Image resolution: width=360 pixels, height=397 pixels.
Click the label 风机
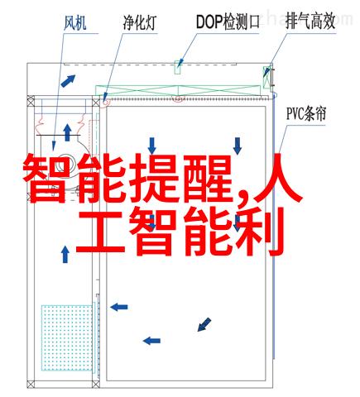[74, 23]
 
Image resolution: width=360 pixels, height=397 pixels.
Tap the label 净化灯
[140, 23]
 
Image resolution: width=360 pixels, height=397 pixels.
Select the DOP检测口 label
[228, 22]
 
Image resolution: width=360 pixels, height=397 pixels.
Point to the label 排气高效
[310, 22]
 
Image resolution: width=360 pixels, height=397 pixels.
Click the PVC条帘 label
[306, 113]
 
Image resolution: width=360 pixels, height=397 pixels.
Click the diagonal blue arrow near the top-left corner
[68, 81]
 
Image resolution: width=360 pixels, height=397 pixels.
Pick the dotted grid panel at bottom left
[67, 337]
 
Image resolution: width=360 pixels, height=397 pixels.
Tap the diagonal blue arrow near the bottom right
[204, 324]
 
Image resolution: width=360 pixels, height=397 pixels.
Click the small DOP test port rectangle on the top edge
[178, 67]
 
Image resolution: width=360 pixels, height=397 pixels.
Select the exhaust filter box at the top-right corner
[267, 77]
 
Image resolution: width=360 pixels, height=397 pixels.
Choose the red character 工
[100, 231]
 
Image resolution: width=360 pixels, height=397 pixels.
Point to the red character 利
[259, 232]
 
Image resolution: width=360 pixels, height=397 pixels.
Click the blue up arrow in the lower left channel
[65, 254]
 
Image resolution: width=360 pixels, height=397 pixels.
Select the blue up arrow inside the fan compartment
[67, 133]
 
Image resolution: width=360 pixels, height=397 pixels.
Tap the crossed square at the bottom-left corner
[31, 384]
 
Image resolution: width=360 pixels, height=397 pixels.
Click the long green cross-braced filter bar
[178, 91]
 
